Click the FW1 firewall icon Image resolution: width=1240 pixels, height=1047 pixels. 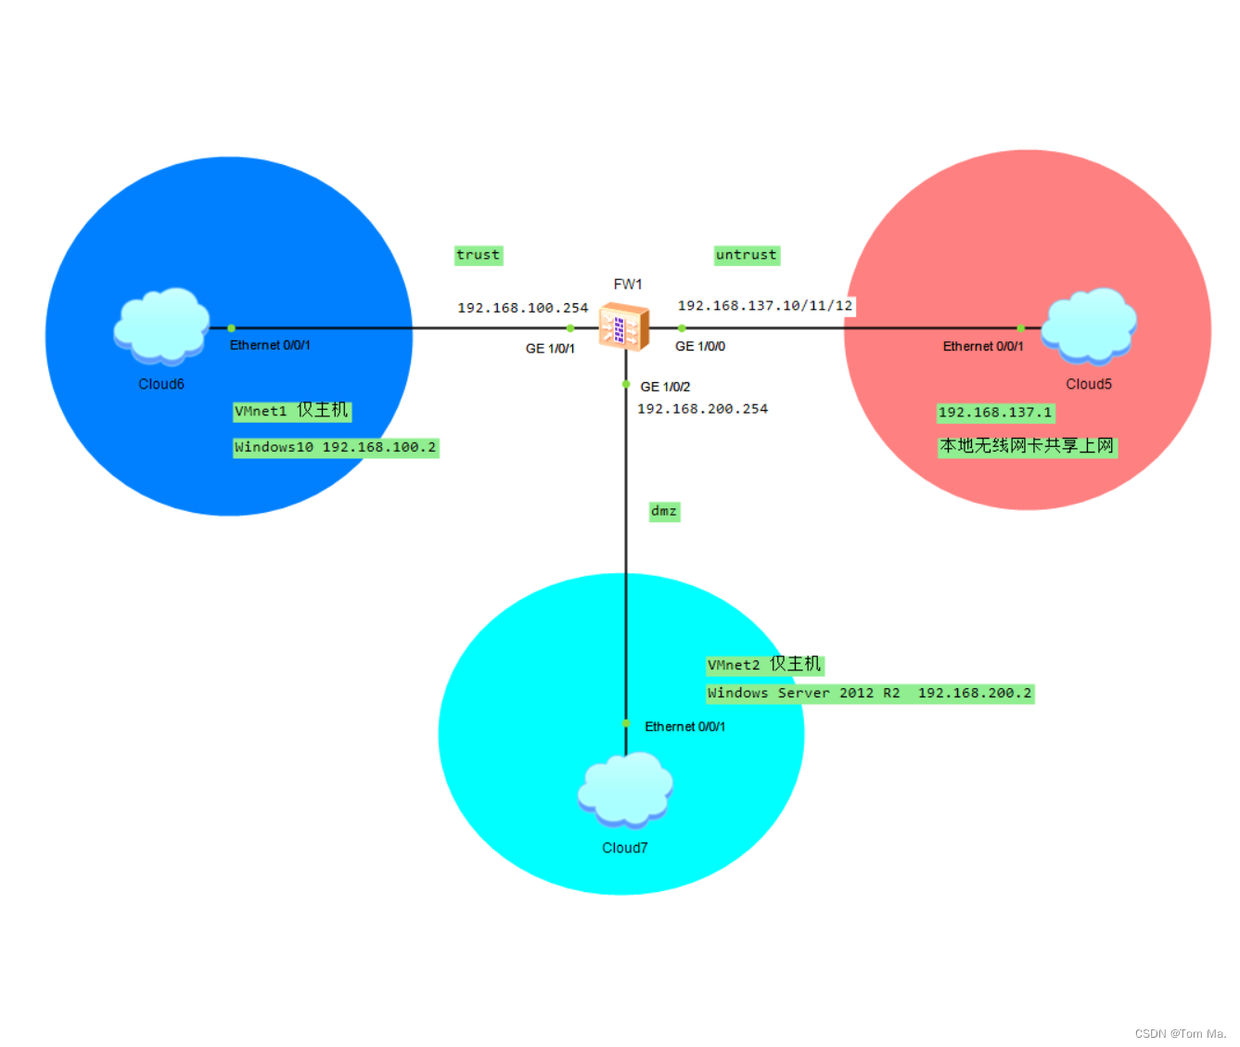click(623, 326)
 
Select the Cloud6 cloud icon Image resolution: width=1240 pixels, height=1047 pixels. click(161, 325)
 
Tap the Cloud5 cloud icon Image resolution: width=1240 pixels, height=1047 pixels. click(1089, 325)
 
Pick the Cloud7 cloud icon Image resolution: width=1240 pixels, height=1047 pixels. click(625, 789)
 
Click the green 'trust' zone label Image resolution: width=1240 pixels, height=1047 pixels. click(478, 255)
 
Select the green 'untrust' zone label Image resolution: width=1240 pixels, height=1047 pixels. click(746, 255)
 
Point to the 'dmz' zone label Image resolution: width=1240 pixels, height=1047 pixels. click(664, 511)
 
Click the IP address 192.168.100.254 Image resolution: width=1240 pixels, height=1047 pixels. click(522, 308)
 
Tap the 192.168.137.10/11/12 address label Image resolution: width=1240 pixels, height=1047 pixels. click(764, 306)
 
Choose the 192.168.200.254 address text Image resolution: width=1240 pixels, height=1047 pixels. click(702, 409)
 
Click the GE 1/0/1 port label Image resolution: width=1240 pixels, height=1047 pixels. click(550, 349)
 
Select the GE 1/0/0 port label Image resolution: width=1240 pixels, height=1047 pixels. click(700, 347)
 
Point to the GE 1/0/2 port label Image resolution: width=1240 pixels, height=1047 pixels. click(665, 387)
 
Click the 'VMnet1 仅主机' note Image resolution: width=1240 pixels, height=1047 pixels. click(291, 411)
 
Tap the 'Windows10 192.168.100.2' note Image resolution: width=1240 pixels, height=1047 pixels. click(335, 448)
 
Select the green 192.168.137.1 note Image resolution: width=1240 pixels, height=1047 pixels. click(995, 413)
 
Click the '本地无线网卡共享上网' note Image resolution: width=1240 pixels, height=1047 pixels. click(1027, 446)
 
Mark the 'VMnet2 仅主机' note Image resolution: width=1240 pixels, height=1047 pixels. click(764, 665)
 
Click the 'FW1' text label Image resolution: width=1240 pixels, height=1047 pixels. click(628, 285)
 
